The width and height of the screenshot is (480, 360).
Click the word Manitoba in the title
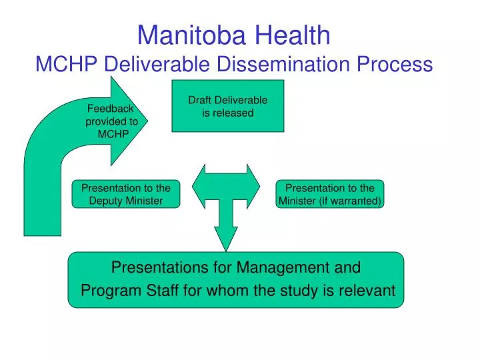click(191, 35)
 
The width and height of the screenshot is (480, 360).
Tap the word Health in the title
click(293, 35)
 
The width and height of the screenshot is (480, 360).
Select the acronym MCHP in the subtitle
click(67, 64)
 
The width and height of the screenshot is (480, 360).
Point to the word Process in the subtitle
click(395, 64)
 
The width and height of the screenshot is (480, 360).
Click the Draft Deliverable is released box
click(228, 106)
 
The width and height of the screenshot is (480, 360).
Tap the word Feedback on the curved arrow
click(110, 109)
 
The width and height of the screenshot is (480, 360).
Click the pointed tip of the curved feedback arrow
click(147, 121)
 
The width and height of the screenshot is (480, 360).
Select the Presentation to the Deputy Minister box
click(126, 194)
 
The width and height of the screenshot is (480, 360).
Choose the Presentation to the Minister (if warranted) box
click(330, 194)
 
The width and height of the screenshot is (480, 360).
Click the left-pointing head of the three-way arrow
click(199, 186)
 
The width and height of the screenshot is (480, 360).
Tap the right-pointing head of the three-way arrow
click(253, 186)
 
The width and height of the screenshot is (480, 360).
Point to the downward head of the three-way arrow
click(226, 239)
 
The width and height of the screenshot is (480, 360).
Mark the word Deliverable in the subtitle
click(157, 64)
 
